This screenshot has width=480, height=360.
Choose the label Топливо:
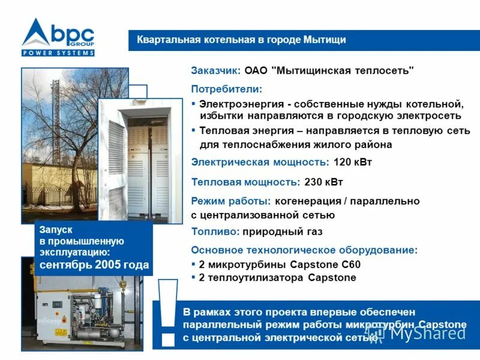(215, 232)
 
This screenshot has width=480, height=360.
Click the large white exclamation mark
(169, 312)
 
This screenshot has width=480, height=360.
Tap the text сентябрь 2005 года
(94, 265)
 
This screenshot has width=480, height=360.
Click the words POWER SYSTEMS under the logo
(58, 53)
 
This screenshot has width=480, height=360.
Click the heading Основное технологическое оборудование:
(304, 250)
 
